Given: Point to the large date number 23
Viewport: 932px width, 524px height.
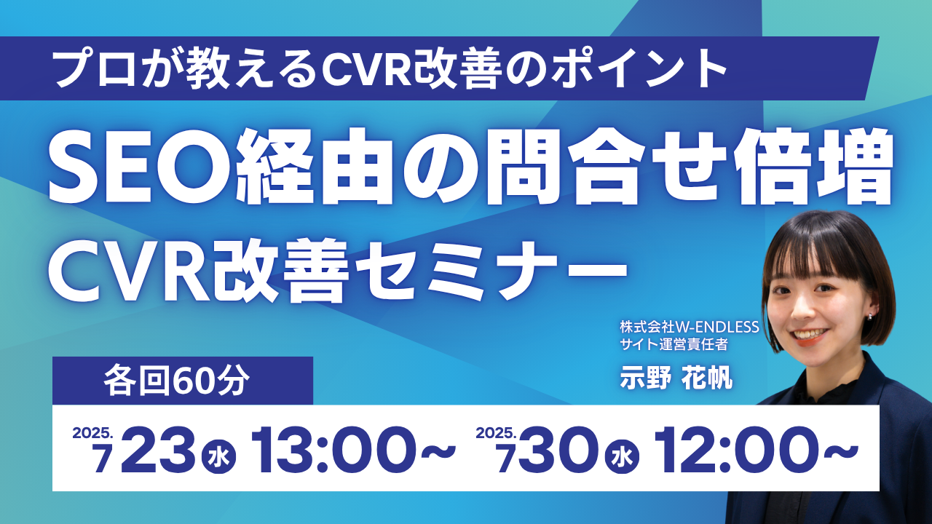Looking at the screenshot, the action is (157, 450).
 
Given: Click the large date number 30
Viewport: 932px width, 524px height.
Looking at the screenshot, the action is (561, 450).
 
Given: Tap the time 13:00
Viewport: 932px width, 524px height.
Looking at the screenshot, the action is (333, 450).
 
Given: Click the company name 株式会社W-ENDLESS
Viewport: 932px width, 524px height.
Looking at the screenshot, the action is (690, 327).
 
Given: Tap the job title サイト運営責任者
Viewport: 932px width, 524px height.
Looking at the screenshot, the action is (674, 344).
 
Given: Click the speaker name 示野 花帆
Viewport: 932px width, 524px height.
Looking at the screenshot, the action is (676, 378).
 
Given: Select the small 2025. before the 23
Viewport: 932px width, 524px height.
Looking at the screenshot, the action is (92, 433).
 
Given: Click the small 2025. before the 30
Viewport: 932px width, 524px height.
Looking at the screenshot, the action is (496, 433).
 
